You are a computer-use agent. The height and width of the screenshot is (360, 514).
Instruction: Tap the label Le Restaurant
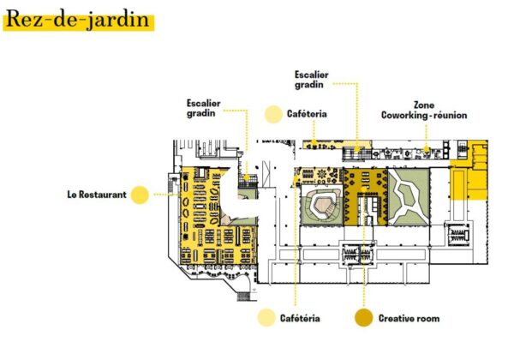[x=97, y=195]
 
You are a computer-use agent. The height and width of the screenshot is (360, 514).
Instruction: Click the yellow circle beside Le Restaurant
[x=140, y=195]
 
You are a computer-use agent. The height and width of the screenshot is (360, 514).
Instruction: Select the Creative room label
[x=409, y=319]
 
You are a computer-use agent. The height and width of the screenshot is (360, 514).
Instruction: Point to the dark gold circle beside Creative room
[x=363, y=319]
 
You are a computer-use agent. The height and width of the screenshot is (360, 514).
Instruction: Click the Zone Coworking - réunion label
[x=424, y=111]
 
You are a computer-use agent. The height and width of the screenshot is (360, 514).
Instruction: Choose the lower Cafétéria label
[x=300, y=319]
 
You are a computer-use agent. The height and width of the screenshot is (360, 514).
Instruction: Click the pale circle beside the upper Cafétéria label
[x=273, y=113]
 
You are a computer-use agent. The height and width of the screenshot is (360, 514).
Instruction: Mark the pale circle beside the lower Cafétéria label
[x=266, y=319]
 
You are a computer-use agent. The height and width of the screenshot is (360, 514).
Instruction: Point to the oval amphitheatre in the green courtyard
[x=323, y=207]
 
